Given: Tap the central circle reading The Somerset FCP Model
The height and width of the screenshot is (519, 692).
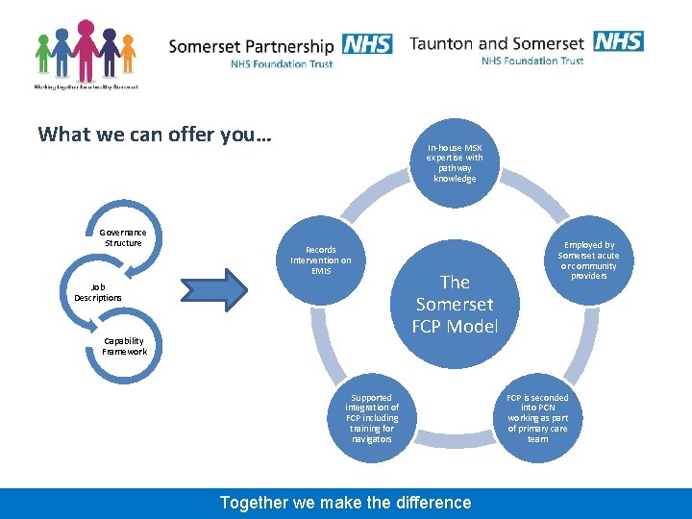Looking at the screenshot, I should (455, 304).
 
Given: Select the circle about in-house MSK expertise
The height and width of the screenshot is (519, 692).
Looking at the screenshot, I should (455, 163).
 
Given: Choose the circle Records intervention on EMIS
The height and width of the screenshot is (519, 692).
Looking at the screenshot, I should (321, 259).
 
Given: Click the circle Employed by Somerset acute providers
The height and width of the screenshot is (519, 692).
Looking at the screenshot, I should (588, 260).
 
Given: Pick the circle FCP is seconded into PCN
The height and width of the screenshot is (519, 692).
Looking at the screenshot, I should (537, 418).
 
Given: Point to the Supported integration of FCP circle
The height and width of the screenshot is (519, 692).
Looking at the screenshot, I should (372, 418).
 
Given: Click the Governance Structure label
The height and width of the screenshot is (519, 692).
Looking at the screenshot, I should (123, 237).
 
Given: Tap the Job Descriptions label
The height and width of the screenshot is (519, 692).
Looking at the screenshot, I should (98, 292).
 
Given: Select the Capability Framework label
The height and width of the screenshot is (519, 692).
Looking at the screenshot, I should (125, 346).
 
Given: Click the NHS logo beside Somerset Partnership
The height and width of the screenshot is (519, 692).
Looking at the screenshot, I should (366, 44).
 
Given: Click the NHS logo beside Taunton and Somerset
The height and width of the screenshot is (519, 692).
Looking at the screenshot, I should (618, 41).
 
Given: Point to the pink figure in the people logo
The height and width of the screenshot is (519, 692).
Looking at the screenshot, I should (86, 53).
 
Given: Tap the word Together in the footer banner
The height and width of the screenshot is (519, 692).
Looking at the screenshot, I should (253, 503).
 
